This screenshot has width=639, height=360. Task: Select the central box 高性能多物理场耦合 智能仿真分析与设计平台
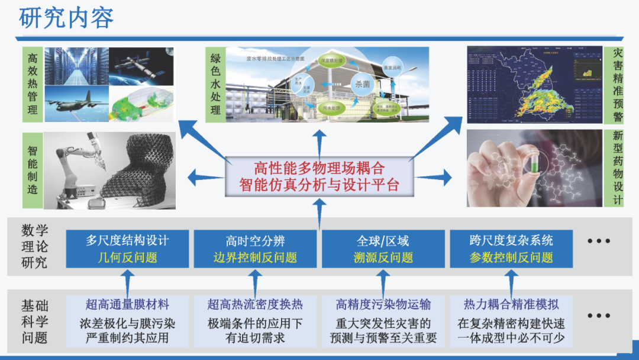[x=319, y=176]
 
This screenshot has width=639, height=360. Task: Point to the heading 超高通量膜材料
[x=127, y=305]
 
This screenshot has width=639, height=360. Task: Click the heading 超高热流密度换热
[x=255, y=305]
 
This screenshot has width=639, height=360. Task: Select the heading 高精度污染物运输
[x=383, y=305]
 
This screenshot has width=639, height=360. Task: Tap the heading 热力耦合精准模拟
[x=511, y=305]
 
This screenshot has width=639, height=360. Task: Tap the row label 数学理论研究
[x=34, y=246]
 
